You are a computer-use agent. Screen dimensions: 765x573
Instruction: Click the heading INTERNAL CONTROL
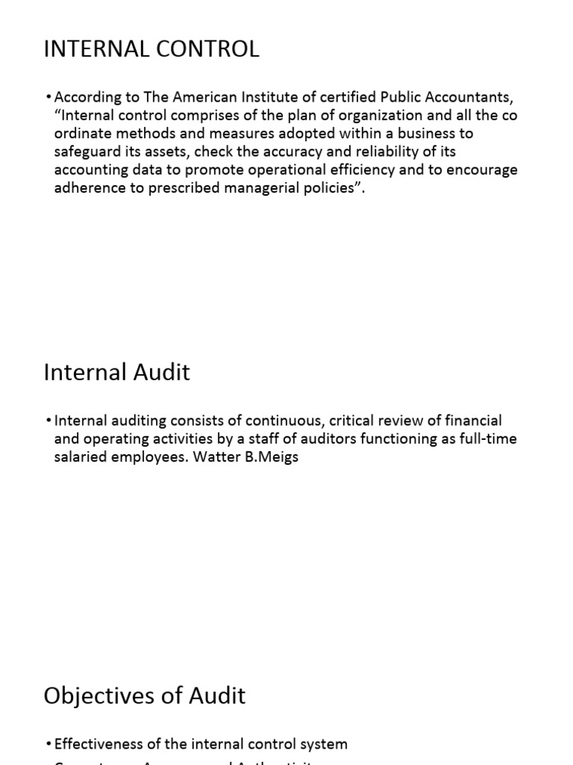pyautogui.click(x=151, y=49)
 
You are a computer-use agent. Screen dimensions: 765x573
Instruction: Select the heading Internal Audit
pyautogui.click(x=117, y=372)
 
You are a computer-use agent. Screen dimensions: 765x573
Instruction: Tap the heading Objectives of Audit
pyautogui.click(x=145, y=696)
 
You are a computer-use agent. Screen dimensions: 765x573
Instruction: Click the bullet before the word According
pyautogui.click(x=48, y=98)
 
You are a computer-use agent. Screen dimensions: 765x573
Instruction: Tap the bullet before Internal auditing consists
pyautogui.click(x=48, y=421)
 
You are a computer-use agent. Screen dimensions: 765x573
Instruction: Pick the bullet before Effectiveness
pyautogui.click(x=48, y=744)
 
